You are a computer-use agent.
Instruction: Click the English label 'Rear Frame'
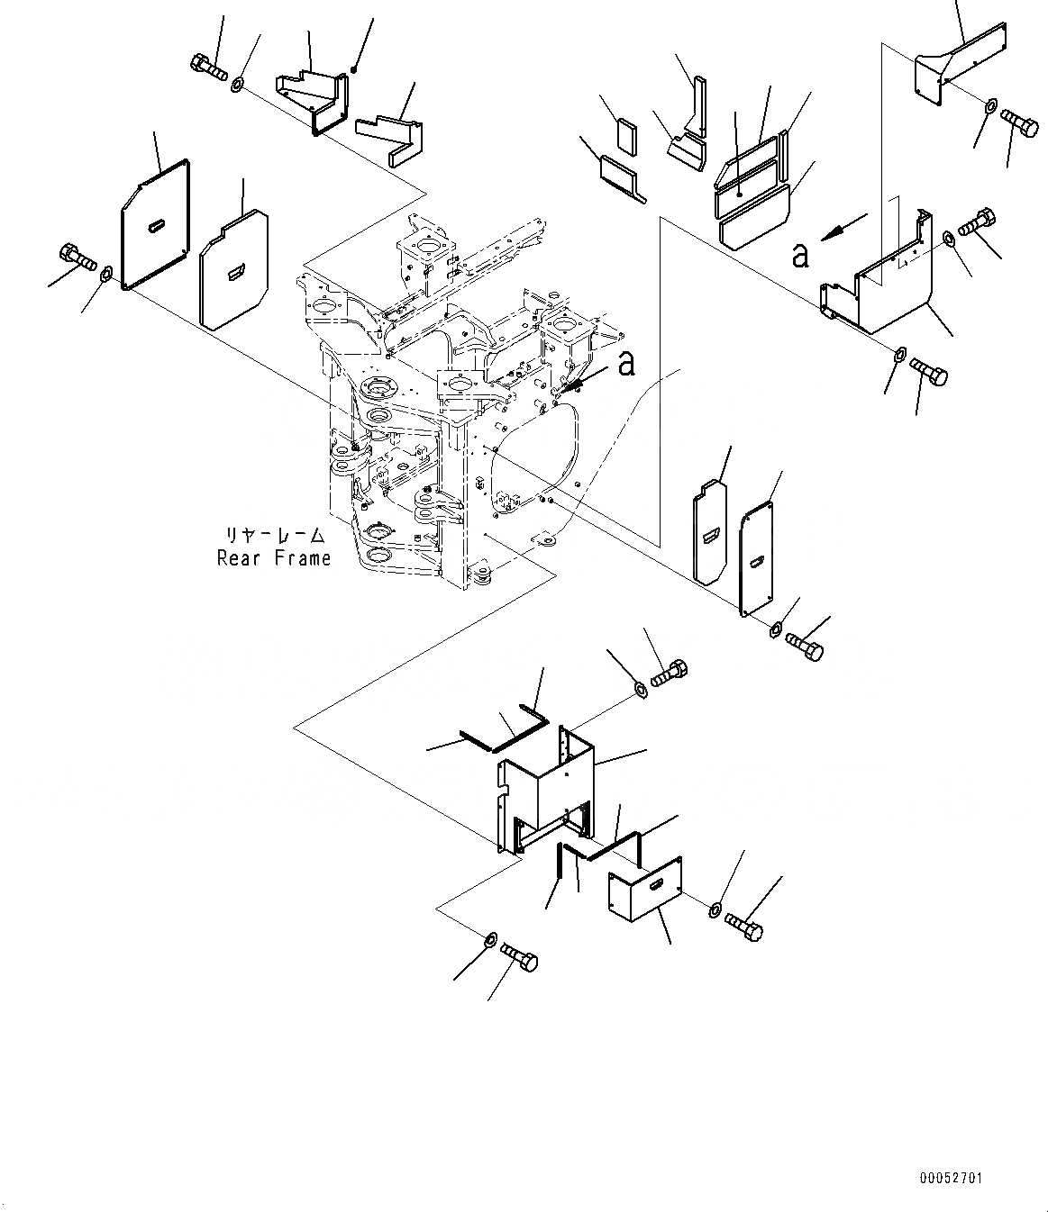(x=274, y=558)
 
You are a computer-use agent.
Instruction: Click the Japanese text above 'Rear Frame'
(x=274, y=536)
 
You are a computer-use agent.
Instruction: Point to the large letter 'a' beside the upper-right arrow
(x=799, y=255)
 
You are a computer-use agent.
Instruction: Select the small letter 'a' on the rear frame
(x=626, y=363)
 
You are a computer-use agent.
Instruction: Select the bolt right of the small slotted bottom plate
(x=743, y=926)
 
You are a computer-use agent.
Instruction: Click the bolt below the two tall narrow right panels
(x=805, y=645)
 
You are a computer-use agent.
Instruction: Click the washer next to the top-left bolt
(x=238, y=86)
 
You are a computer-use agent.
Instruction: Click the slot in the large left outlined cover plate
(x=157, y=222)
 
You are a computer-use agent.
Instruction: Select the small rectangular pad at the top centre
(x=627, y=135)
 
